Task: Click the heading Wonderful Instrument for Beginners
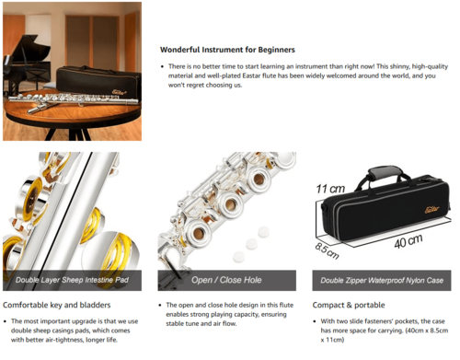[x=227, y=50]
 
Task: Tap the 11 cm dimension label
[x=330, y=189]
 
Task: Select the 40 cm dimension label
[x=408, y=241]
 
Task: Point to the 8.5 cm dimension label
[x=327, y=250]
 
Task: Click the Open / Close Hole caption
[x=226, y=280]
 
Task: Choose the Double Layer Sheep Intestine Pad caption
[x=72, y=280]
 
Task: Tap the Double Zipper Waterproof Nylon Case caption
[x=382, y=280]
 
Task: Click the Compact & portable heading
[x=349, y=305]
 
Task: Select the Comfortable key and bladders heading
[x=57, y=305]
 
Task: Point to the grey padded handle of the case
[x=384, y=173]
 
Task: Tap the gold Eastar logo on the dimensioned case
[x=432, y=210]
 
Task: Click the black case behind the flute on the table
[x=98, y=82]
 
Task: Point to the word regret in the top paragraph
[x=194, y=85]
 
